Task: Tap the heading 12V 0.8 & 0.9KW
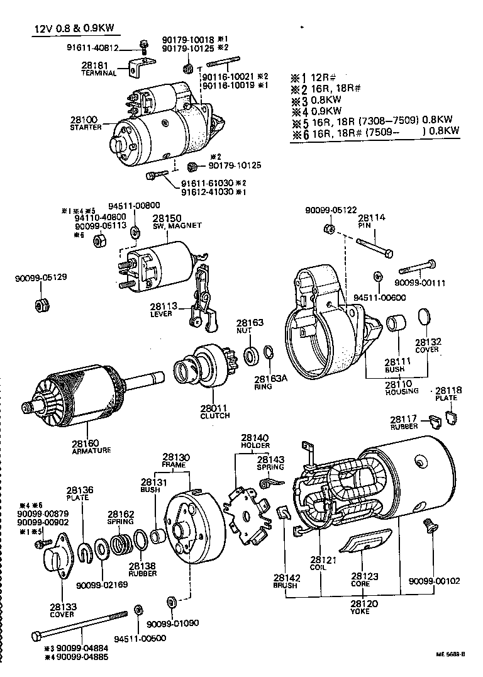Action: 75,29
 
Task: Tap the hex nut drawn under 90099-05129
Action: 42,306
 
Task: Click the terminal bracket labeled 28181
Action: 139,66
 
